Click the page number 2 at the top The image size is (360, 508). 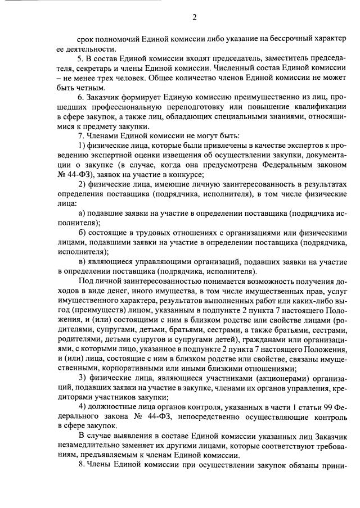(x=194, y=17)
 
